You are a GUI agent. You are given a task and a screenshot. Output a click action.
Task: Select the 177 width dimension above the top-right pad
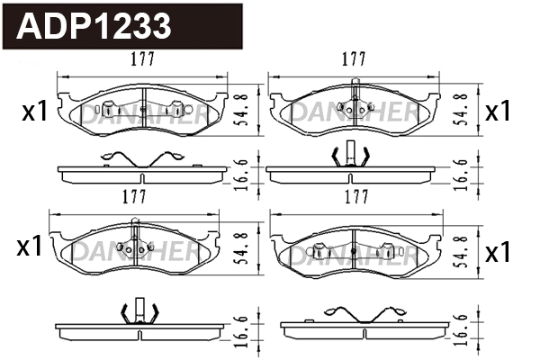[354, 59]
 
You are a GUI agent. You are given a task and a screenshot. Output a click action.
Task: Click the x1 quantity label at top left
[33, 112]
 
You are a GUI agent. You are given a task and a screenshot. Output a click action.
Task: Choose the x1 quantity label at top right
[497, 112]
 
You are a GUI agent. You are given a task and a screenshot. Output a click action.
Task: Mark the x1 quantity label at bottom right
[498, 253]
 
